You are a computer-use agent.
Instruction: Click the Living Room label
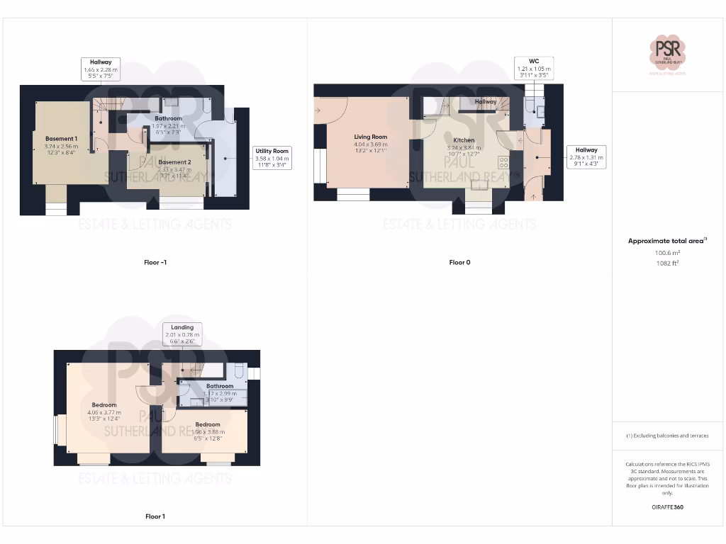pyautogui.click(x=370, y=137)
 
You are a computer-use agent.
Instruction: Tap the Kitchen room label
pyautogui.click(x=463, y=140)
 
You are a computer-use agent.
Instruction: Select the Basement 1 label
pyautogui.click(x=61, y=138)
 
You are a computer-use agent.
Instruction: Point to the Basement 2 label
pyautogui.click(x=174, y=162)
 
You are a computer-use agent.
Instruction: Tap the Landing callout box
pyautogui.click(x=182, y=334)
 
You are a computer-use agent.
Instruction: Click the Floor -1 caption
pyautogui.click(x=155, y=263)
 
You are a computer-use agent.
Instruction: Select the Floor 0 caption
pyautogui.click(x=459, y=263)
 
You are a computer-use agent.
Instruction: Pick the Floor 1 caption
pyautogui.click(x=155, y=516)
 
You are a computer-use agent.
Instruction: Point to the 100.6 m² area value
pyautogui.click(x=667, y=252)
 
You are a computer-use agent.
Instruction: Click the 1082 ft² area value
pyautogui.click(x=667, y=263)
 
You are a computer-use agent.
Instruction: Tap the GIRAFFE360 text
pyautogui.click(x=667, y=507)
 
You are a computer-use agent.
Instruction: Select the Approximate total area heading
pyautogui.click(x=667, y=241)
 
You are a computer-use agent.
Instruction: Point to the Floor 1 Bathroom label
pyautogui.click(x=220, y=386)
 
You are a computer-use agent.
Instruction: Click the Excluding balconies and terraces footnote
pyautogui.click(x=667, y=436)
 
